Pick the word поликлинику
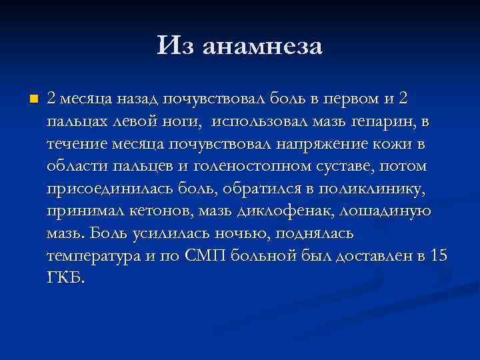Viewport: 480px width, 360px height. coord(373,189)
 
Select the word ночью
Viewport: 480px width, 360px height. coord(238,235)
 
